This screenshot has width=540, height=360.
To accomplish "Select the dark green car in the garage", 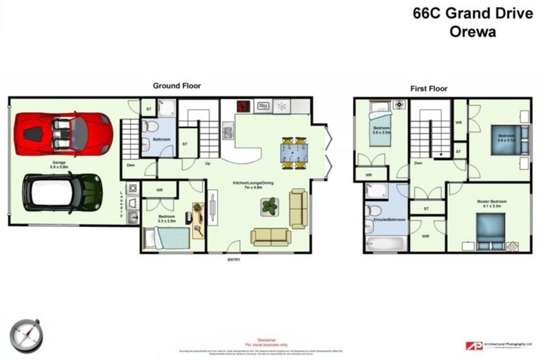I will click(62, 191).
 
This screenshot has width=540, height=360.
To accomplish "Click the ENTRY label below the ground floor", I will click(234, 260).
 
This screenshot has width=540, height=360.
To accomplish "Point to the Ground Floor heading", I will click(176, 86).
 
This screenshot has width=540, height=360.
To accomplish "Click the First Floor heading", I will click(429, 89).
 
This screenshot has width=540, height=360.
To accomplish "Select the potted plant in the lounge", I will click(269, 206).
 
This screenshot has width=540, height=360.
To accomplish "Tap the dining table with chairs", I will click(294, 152).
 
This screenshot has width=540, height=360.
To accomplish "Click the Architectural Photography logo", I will click(499, 345).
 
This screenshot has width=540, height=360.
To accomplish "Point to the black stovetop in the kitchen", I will click(243, 107).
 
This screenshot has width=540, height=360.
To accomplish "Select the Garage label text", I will click(58, 162).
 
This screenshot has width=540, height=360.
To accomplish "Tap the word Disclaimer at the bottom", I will click(267, 339).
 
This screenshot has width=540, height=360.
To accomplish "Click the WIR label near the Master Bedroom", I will click(425, 236).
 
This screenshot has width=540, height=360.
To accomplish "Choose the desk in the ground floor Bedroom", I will click(198, 219).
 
